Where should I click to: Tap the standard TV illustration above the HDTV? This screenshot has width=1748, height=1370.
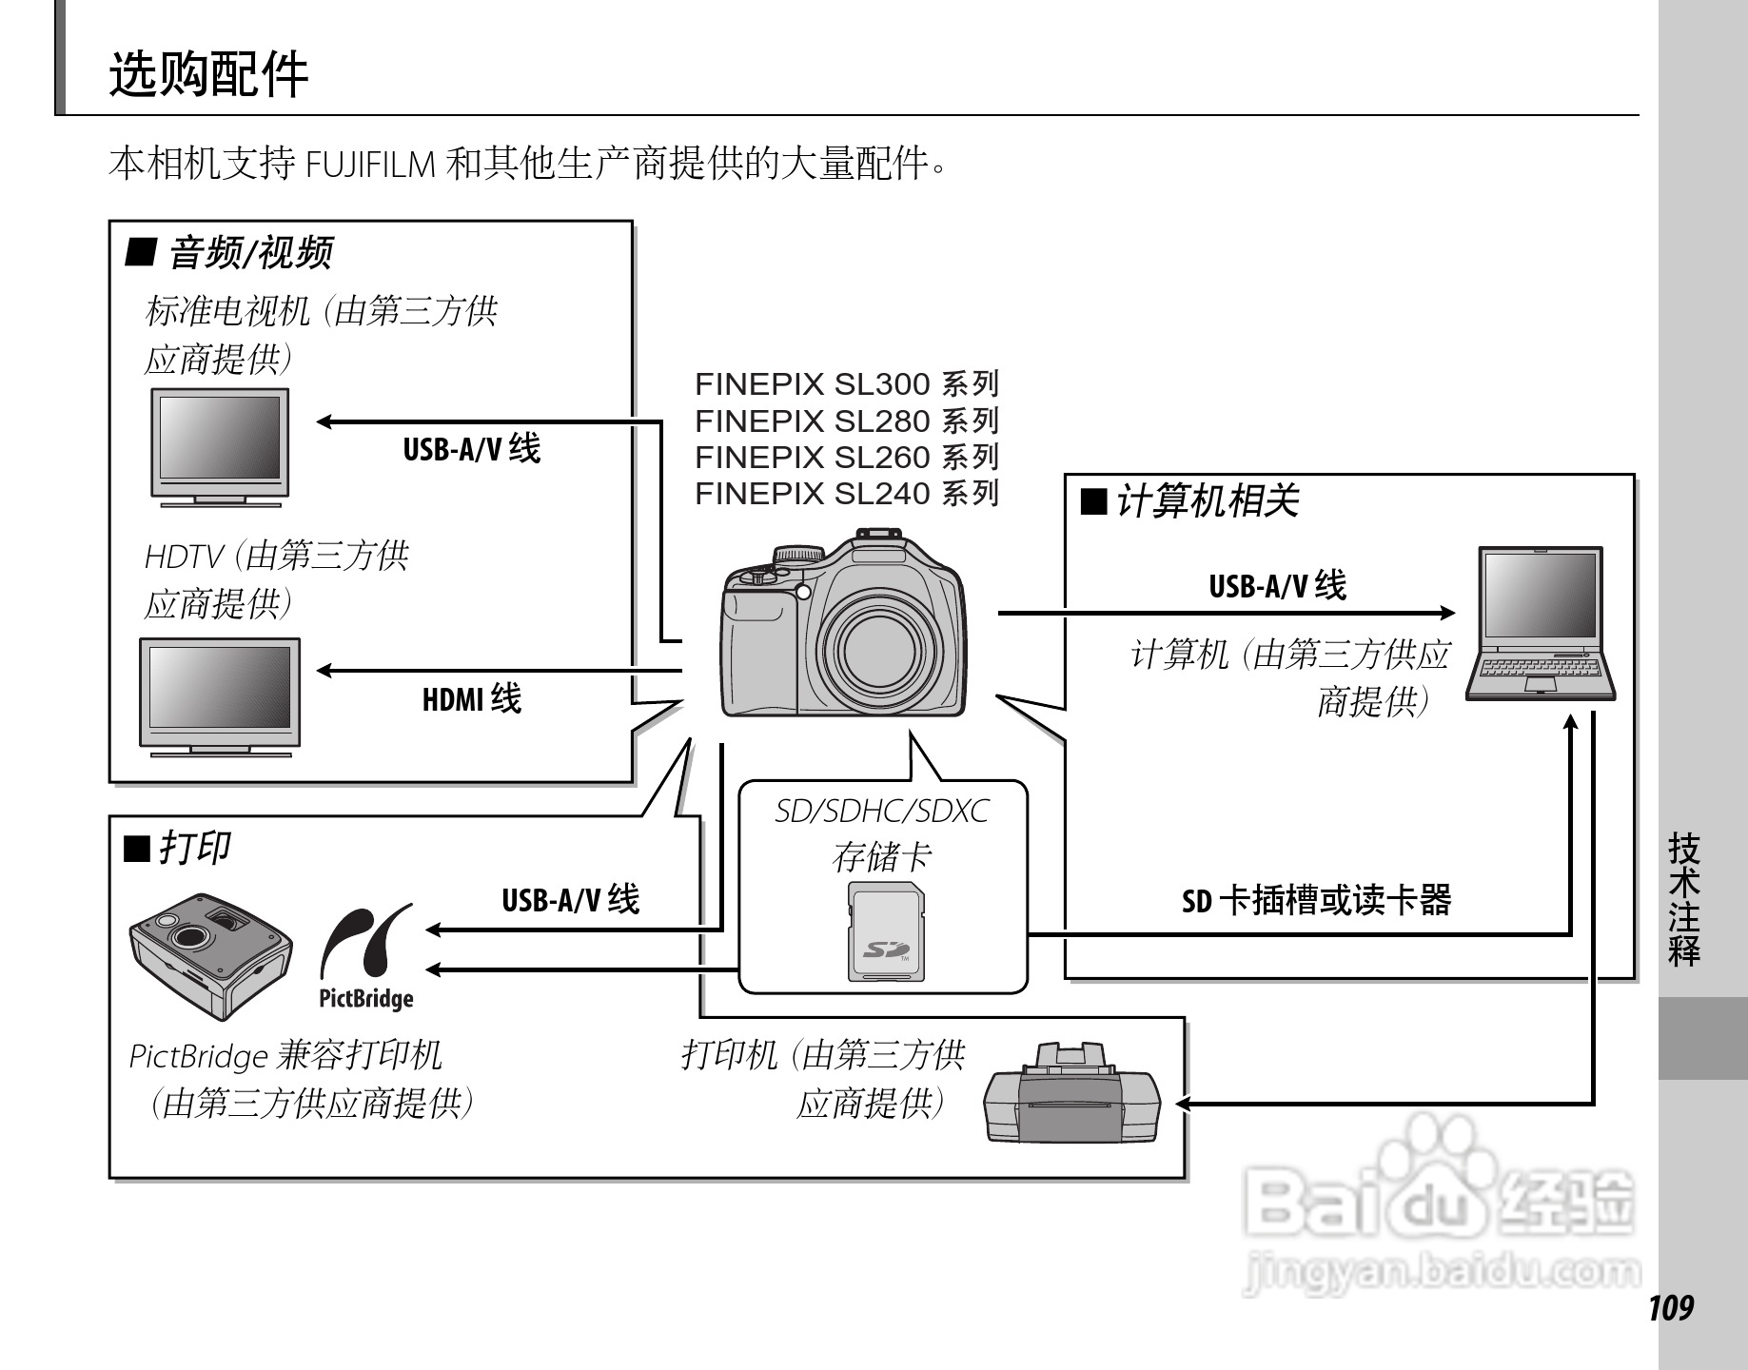pos(220,445)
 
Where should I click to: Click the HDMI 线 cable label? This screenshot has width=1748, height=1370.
pos(472,700)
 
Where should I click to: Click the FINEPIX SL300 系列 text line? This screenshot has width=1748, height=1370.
pos(846,384)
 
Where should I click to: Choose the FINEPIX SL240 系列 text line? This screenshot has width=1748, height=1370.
pos(846,494)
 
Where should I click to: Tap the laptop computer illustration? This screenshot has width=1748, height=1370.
pos(1541,623)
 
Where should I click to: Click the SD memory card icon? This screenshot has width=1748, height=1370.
pos(886,931)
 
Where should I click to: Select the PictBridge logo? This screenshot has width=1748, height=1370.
pos(366,956)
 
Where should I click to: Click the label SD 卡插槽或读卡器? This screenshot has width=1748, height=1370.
pos(1316,900)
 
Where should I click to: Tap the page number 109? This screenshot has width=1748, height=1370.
pos(1671,1308)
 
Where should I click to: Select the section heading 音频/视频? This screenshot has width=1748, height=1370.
pos(249,253)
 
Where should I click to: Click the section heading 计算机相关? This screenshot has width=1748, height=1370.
pos(1206,500)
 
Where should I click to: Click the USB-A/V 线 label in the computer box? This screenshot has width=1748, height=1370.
pos(1277,586)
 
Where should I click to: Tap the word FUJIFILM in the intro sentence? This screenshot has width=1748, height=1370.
pos(371,165)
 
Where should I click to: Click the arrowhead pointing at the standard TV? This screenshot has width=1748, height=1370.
pos(324,421)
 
